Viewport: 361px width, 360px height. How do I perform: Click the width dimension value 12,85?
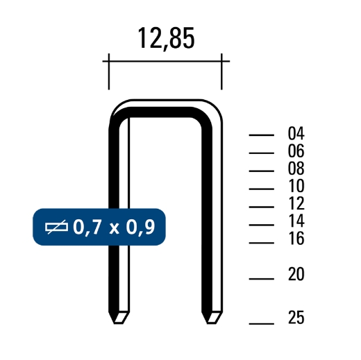(165, 39)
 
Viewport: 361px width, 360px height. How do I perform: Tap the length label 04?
(296, 135)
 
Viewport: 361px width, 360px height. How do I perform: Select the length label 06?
(296, 152)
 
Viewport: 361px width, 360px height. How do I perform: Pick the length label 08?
(296, 169)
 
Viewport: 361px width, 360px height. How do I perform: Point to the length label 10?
(296, 187)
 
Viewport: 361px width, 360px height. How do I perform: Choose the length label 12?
(296, 205)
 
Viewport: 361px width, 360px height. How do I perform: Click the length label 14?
(296, 223)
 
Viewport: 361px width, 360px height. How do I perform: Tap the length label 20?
(296, 275)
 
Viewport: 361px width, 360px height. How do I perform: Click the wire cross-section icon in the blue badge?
(56, 226)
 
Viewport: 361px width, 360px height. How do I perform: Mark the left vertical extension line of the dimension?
(110, 72)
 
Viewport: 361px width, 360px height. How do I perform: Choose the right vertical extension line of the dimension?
(221, 72)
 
